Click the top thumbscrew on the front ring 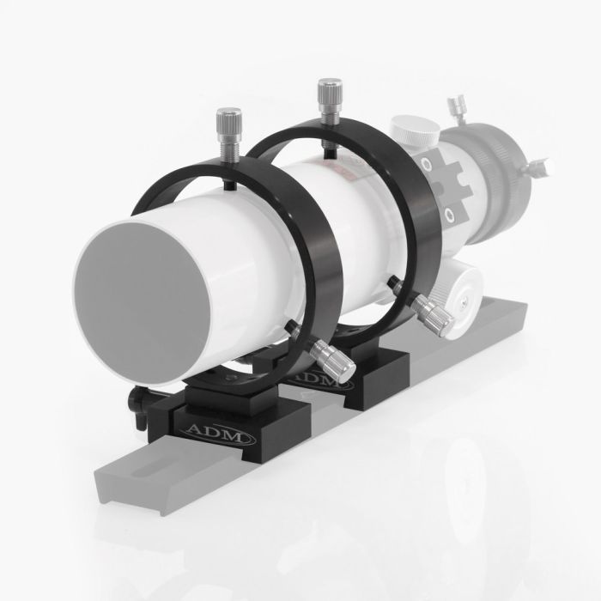coord(228,120)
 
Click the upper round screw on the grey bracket coord(447,188)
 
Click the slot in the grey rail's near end coord(129,475)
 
